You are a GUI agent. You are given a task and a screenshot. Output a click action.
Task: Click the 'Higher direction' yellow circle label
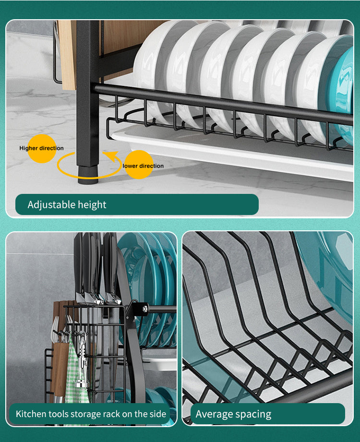point(41,148)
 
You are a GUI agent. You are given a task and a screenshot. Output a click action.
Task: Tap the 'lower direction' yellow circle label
point(139,166)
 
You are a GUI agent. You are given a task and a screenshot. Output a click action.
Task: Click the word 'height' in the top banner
point(91,205)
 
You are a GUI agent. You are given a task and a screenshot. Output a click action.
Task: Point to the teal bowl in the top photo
point(342,96)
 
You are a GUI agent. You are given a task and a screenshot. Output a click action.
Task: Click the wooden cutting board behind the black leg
point(67,53)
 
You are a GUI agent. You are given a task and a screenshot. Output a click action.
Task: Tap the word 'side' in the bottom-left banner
point(156,414)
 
